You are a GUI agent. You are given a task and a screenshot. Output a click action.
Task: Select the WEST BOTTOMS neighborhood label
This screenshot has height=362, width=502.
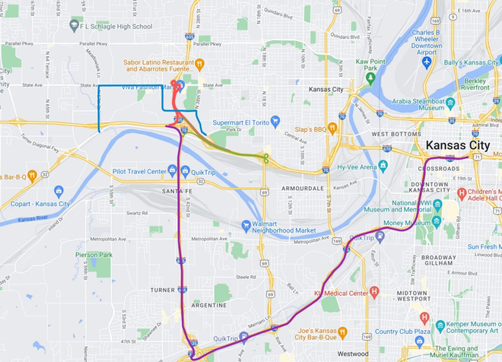396,134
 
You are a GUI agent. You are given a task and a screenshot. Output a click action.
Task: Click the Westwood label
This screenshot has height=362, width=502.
352,354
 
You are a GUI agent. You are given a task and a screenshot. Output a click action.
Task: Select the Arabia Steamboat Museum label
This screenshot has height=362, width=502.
423,103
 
